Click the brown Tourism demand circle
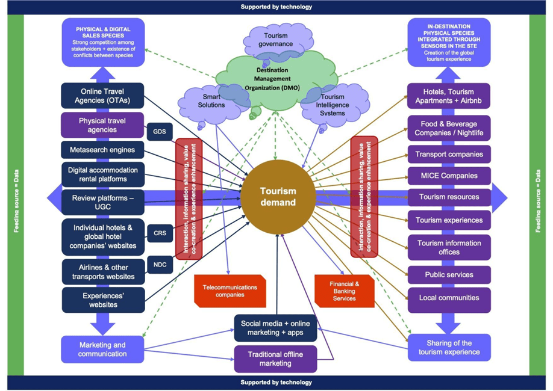pos(277,197)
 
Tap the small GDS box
pos(160,131)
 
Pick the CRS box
pos(160,233)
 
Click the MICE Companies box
pos(449,176)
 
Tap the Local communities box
pos(449,298)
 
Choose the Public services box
pos(449,274)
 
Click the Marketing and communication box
pos(102,349)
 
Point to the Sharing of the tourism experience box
pos(449,347)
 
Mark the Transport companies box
pos(449,155)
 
